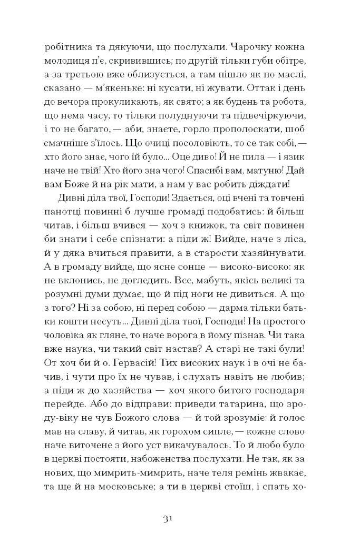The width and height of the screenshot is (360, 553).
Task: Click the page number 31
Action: pyautogui.click(x=169, y=519)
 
